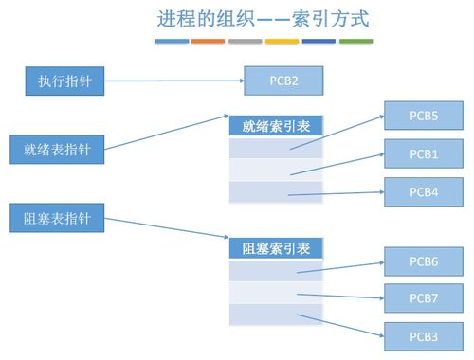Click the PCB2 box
(283, 81)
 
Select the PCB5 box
(423, 117)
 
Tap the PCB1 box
(423, 153)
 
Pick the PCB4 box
(423, 190)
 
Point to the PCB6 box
(423, 261)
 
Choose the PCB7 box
(423, 297)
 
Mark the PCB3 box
(423, 334)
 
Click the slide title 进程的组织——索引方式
(263, 18)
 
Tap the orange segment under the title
(208, 42)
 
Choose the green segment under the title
(355, 42)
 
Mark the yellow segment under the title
(282, 42)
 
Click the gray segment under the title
(245, 42)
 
